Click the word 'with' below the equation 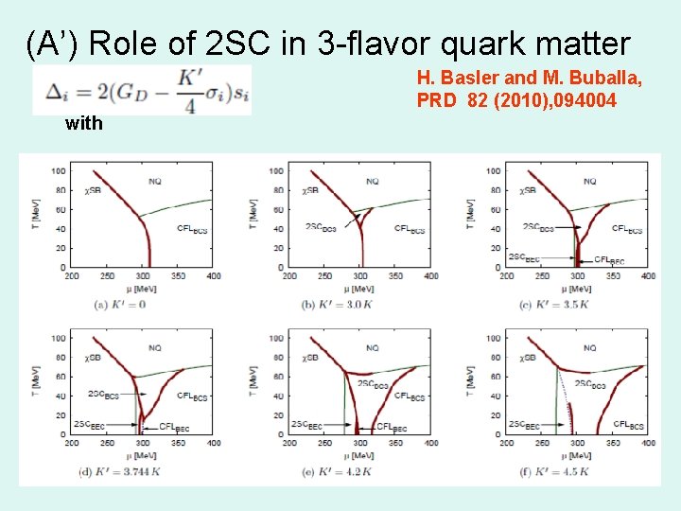pos(83,123)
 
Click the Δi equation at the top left pos(142,92)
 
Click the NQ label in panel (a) pos(156,181)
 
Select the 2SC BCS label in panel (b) pos(320,227)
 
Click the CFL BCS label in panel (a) pos(192,228)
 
